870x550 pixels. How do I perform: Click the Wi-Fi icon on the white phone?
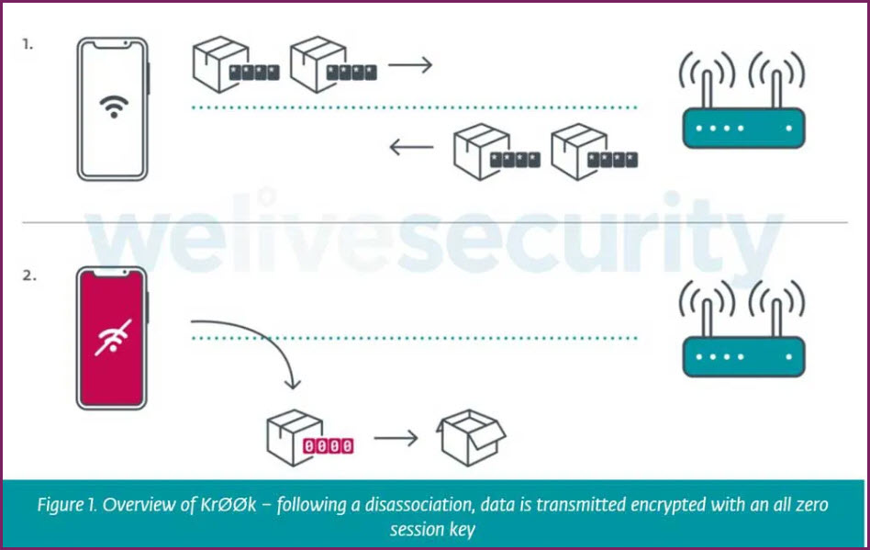click(113, 107)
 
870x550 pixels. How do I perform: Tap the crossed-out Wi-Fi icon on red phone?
click(113, 337)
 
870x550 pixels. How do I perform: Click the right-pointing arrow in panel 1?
click(409, 66)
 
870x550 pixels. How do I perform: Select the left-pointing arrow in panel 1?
click(410, 147)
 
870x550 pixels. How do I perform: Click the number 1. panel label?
click(28, 42)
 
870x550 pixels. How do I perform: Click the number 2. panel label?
click(28, 273)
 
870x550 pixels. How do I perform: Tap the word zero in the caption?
click(810, 505)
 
